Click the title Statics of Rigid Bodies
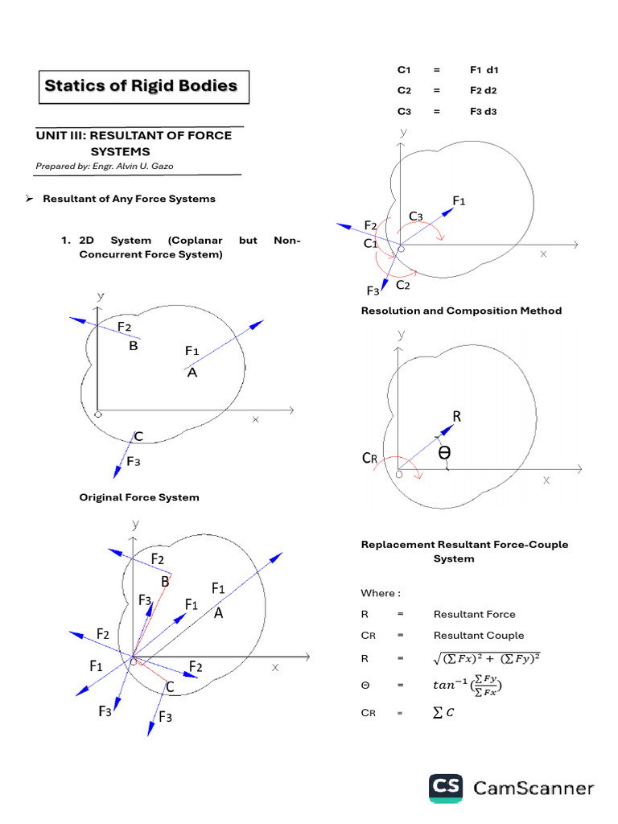(x=141, y=86)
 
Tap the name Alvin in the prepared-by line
(x=125, y=166)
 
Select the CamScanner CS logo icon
(x=445, y=788)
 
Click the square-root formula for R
(x=486, y=659)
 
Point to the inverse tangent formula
(x=468, y=686)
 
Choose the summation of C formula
(x=443, y=712)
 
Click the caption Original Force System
(x=138, y=497)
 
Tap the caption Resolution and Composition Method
(x=461, y=311)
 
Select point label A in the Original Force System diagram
(x=192, y=373)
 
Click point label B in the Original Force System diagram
(x=134, y=346)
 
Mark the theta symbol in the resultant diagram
(x=444, y=454)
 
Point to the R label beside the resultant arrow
(x=456, y=417)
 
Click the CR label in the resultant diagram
(x=369, y=459)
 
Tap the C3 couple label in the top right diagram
(x=415, y=216)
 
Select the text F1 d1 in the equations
(x=484, y=70)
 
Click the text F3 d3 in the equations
(x=484, y=111)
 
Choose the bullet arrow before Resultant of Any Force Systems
(x=27, y=199)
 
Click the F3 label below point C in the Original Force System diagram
(x=134, y=462)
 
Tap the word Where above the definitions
(x=377, y=594)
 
